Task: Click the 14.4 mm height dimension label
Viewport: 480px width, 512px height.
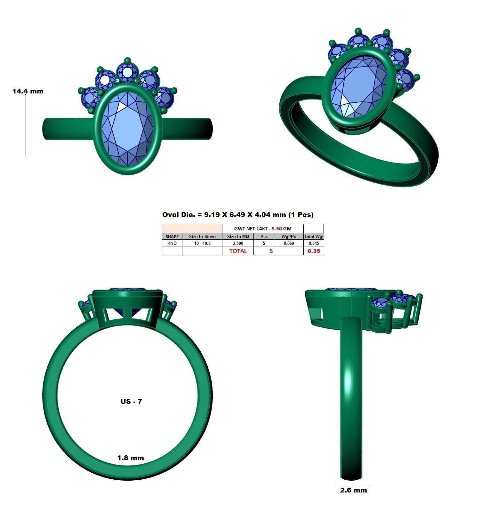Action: click(x=28, y=91)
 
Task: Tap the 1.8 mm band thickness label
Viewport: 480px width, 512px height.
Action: click(x=131, y=458)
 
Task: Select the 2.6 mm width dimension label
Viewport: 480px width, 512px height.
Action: click(x=353, y=490)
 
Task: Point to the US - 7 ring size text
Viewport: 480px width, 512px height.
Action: click(x=131, y=401)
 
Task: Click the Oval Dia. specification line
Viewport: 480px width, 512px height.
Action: click(x=238, y=215)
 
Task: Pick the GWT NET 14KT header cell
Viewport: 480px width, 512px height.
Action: click(x=262, y=228)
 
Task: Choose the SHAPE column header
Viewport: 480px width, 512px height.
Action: click(x=172, y=236)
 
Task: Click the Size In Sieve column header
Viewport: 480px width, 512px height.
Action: click(x=202, y=236)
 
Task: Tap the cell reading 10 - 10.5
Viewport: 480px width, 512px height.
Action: click(x=202, y=243)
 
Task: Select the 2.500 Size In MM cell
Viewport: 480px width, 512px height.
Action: click(x=238, y=243)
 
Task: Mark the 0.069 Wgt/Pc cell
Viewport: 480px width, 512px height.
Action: click(x=289, y=243)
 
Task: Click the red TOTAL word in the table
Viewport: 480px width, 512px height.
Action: click(x=238, y=251)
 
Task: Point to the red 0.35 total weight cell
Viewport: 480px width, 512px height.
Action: click(x=314, y=251)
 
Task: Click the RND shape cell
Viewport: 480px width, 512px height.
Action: click(x=172, y=243)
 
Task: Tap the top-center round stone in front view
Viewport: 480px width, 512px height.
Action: click(x=127, y=72)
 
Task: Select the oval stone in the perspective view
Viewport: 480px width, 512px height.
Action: click(x=358, y=87)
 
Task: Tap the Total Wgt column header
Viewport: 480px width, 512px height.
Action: click(x=314, y=236)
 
